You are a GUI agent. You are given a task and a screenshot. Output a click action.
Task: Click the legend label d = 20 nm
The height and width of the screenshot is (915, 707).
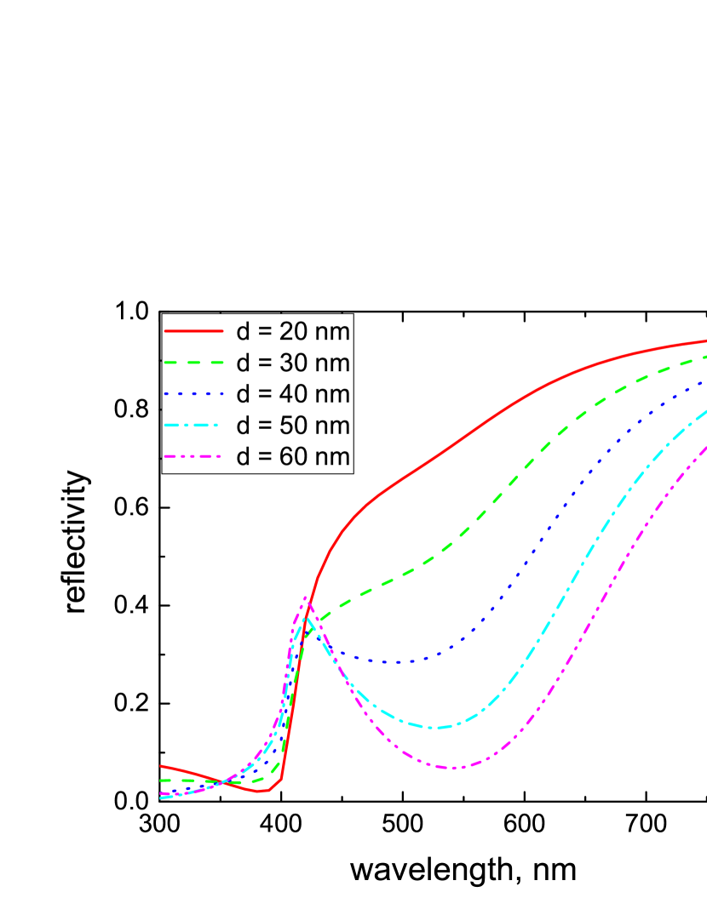[x=292, y=330]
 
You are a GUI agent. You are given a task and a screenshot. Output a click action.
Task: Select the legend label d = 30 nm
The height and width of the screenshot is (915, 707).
[x=292, y=363]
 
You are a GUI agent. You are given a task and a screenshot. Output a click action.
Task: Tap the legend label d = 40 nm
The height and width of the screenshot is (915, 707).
[x=292, y=394]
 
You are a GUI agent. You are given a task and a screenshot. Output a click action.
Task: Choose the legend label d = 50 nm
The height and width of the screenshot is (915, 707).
[x=292, y=426]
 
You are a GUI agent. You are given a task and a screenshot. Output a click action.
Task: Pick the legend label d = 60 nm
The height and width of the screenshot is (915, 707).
[x=292, y=457]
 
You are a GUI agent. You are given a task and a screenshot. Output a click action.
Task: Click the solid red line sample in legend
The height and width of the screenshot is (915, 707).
[x=193, y=330]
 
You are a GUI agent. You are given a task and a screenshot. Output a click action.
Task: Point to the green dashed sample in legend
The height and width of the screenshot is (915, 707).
[x=193, y=363]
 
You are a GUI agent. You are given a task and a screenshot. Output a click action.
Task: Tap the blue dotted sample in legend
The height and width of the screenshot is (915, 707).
[x=193, y=394]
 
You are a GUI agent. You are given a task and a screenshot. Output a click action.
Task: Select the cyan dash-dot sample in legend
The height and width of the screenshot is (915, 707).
[x=193, y=426]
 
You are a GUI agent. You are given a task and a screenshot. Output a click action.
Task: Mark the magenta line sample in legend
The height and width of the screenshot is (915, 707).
[x=193, y=457]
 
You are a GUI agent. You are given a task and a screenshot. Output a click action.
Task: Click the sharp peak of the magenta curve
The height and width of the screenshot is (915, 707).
[x=306, y=598]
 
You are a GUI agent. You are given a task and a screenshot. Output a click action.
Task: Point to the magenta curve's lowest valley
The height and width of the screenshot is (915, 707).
[x=452, y=768]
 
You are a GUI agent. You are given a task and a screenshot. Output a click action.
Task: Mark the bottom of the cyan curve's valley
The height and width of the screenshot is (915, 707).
[x=433, y=728]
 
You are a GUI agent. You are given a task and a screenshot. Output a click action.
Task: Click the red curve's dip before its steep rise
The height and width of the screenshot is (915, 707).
[x=265, y=792]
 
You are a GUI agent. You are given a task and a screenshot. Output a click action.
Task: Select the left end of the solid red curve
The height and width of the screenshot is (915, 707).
[x=161, y=766]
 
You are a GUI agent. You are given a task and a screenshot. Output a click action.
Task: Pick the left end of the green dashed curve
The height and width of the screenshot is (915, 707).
[x=161, y=780]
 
